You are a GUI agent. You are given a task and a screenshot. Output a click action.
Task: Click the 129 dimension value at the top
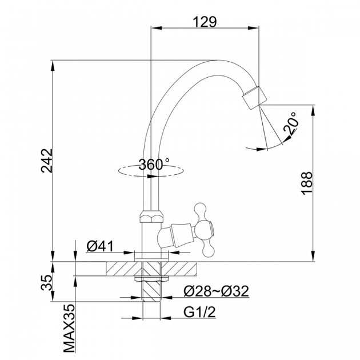[205, 22]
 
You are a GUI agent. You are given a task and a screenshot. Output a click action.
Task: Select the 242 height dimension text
[47, 161]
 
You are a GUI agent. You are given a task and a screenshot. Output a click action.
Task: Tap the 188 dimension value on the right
[307, 183]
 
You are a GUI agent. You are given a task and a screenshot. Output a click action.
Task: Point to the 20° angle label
[291, 123]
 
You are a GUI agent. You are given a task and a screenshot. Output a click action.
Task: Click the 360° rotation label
[154, 165]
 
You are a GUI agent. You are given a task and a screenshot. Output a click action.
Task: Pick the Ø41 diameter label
[100, 247]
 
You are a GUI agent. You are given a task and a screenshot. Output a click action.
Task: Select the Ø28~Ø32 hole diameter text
[216, 291]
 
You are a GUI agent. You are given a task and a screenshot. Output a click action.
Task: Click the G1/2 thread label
[200, 312]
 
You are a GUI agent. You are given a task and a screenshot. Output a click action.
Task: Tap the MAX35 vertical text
[69, 328]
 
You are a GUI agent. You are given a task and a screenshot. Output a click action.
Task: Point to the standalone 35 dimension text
[47, 282]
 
